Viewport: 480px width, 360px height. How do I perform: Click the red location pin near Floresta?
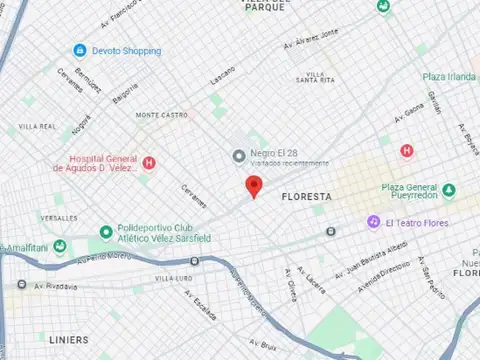point(254,186)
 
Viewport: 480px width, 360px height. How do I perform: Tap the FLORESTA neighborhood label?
point(306,197)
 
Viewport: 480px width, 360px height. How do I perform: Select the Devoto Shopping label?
point(126,50)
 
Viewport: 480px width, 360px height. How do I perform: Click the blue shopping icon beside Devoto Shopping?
point(79,50)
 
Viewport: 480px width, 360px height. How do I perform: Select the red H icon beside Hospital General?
point(150,163)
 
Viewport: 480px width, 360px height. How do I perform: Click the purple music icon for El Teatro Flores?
point(372,221)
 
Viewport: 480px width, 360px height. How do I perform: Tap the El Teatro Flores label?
point(416,222)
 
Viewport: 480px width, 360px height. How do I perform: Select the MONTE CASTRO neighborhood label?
point(162,114)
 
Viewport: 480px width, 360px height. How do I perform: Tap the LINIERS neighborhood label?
point(67,339)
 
